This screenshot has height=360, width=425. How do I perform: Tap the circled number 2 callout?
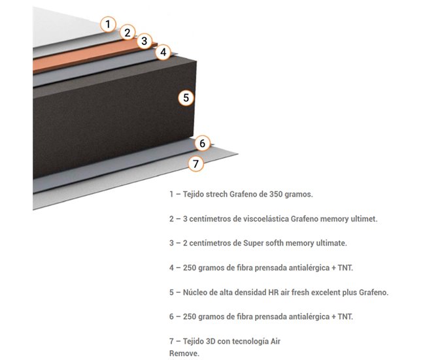pos(127,32)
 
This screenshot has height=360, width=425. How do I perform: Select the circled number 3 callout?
pos(145,41)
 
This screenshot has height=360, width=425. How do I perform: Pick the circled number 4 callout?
pos(163,52)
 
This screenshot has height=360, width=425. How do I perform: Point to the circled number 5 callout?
pos(186,98)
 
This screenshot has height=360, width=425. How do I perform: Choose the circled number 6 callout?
pos(202,143)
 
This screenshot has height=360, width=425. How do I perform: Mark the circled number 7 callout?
pos(195,163)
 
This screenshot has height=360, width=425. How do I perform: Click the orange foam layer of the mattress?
pos(78,57)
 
